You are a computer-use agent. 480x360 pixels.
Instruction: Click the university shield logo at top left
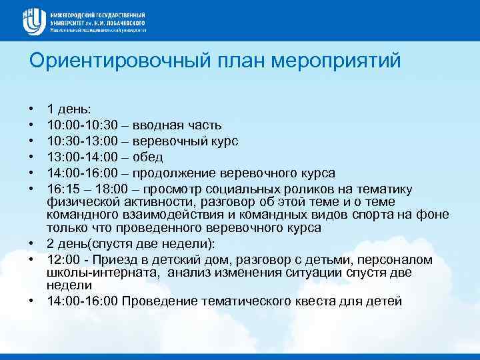tap(32, 22)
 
